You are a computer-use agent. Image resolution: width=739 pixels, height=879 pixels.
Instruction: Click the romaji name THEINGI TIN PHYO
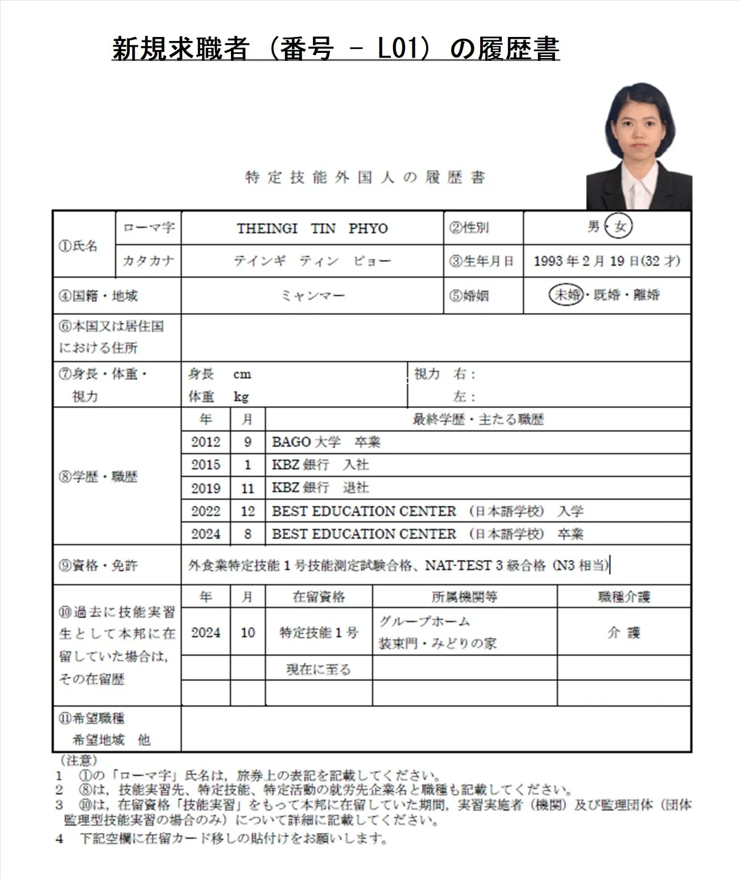[312, 228]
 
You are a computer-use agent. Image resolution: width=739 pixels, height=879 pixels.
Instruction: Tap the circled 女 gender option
[620, 226]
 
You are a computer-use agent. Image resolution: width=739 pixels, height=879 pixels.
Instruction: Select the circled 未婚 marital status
[567, 295]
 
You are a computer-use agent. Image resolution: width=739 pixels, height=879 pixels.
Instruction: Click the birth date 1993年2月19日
[585, 261]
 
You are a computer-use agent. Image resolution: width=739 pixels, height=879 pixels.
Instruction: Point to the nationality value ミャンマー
[312, 296]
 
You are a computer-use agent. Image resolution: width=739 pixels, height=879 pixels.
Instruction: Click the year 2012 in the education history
[205, 442]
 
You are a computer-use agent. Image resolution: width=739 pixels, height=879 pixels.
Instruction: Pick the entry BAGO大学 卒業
[326, 442]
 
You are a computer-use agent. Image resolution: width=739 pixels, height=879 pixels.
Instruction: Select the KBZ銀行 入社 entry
[320, 465]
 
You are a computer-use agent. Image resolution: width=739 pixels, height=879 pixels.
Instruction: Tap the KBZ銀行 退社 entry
[320, 488]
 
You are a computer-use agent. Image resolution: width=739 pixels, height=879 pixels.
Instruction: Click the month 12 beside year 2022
[247, 511]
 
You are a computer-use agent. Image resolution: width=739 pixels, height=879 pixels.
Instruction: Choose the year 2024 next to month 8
[205, 534]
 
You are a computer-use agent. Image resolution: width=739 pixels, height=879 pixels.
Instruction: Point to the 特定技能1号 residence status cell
[319, 632]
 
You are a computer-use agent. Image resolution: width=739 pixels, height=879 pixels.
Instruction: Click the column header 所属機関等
[464, 597]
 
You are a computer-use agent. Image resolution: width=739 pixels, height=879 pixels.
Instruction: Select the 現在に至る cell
[319, 669]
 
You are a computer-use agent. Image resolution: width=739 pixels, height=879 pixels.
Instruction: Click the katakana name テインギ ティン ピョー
[312, 261]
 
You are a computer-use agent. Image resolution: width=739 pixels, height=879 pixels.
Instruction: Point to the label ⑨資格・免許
[98, 565]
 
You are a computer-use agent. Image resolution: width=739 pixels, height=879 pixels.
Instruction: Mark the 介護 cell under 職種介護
[624, 632]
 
